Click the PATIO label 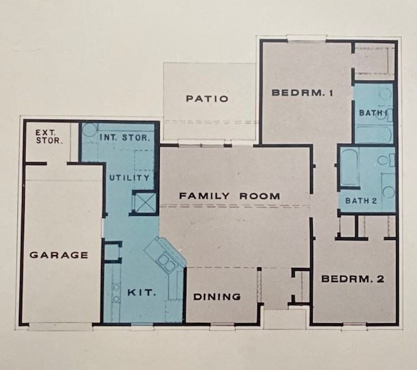[207, 99]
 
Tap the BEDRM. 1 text [302, 93]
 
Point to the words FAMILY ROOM [230, 196]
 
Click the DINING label [218, 297]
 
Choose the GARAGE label [59, 255]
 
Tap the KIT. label [141, 293]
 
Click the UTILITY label [130, 178]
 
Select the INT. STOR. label [126, 138]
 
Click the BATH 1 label [373, 113]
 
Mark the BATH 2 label [362, 201]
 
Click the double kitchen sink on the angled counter [164, 262]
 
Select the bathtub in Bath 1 [373, 135]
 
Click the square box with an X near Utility [143, 204]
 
